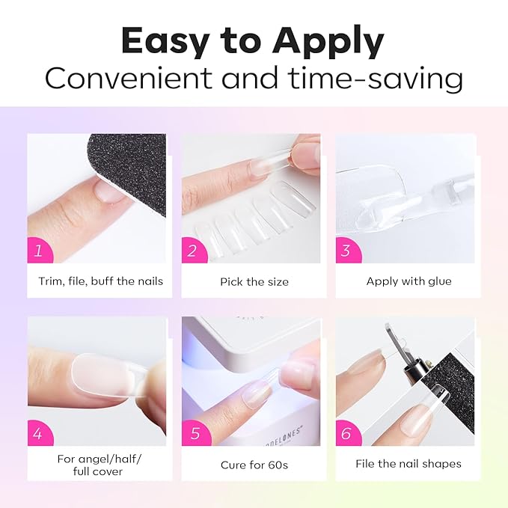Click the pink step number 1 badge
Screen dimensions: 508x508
pyautogui.click(x=39, y=251)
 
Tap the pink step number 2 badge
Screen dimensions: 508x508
pyautogui.click(x=193, y=251)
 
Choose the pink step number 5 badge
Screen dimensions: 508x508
pyautogui.click(x=195, y=433)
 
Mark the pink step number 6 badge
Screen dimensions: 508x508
pyautogui.click(x=348, y=433)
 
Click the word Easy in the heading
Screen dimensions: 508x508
pyautogui.click(x=165, y=42)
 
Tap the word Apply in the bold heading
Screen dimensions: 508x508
pyautogui.click(x=328, y=42)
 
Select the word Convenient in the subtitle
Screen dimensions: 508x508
pyautogui.click(x=129, y=78)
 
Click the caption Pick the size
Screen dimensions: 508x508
pyautogui.click(x=254, y=282)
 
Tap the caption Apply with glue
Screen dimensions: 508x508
pyautogui.click(x=408, y=281)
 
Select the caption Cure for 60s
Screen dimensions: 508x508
pyautogui.click(x=254, y=465)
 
